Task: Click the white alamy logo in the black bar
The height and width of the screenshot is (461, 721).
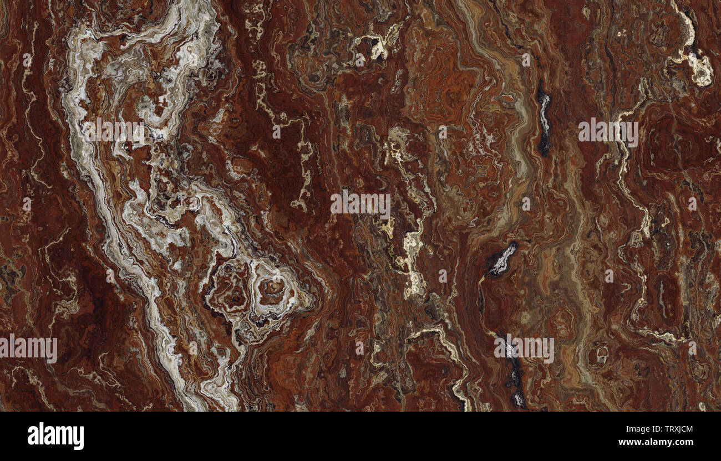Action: click(x=55, y=436)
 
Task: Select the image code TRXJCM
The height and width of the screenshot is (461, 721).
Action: click(x=672, y=428)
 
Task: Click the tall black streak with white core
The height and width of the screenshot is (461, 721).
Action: click(x=544, y=119)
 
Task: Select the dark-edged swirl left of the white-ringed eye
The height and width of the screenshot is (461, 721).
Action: click(x=233, y=285)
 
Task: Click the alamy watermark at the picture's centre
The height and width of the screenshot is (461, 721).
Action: click(x=360, y=204)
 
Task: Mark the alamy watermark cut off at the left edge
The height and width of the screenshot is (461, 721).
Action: click(x=28, y=349)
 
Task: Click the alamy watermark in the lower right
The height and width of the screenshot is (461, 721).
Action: click(x=524, y=349)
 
